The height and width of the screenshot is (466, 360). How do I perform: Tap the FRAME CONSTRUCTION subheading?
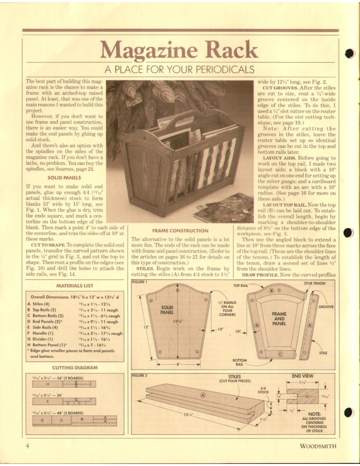point(180,231)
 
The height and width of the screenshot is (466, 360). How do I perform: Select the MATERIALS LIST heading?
point(75,286)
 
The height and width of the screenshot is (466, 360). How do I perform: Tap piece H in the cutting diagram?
point(47,384)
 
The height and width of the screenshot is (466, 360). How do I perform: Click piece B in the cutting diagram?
point(82,419)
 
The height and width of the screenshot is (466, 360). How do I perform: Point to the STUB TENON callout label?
point(314,283)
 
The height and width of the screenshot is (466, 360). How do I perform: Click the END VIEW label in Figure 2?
point(302,376)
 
